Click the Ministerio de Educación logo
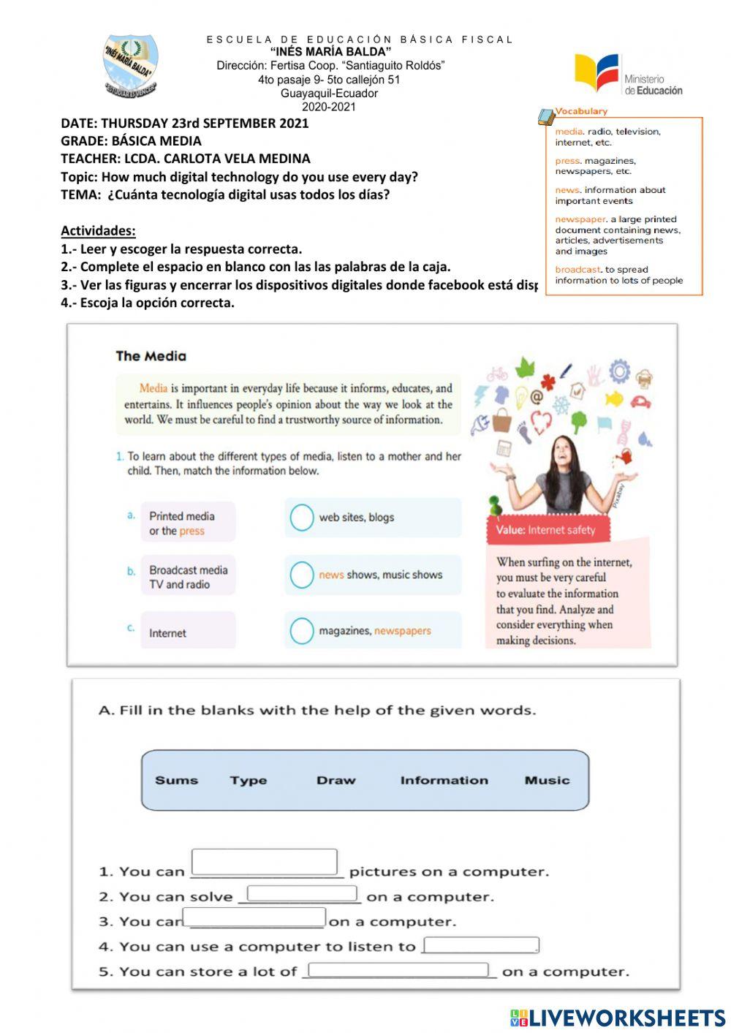pos(628,75)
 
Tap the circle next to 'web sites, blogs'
pos(301,518)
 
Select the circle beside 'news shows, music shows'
pos(301,575)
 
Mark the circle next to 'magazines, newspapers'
pos(301,631)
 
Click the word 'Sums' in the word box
pos(176,780)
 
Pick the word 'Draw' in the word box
pos(336,780)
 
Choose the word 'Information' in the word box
pos(444,780)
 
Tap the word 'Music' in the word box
pos(547,780)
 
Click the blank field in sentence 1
pos(264,862)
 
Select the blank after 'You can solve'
pos(302,894)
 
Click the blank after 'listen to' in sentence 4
pos(481,945)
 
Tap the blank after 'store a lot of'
pos(398,970)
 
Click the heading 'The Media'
pos(151,356)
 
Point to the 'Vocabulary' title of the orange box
pos(580,111)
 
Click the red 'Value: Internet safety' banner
pos(548,530)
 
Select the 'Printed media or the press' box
pos(188,523)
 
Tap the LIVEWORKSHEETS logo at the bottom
pos(618,1018)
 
